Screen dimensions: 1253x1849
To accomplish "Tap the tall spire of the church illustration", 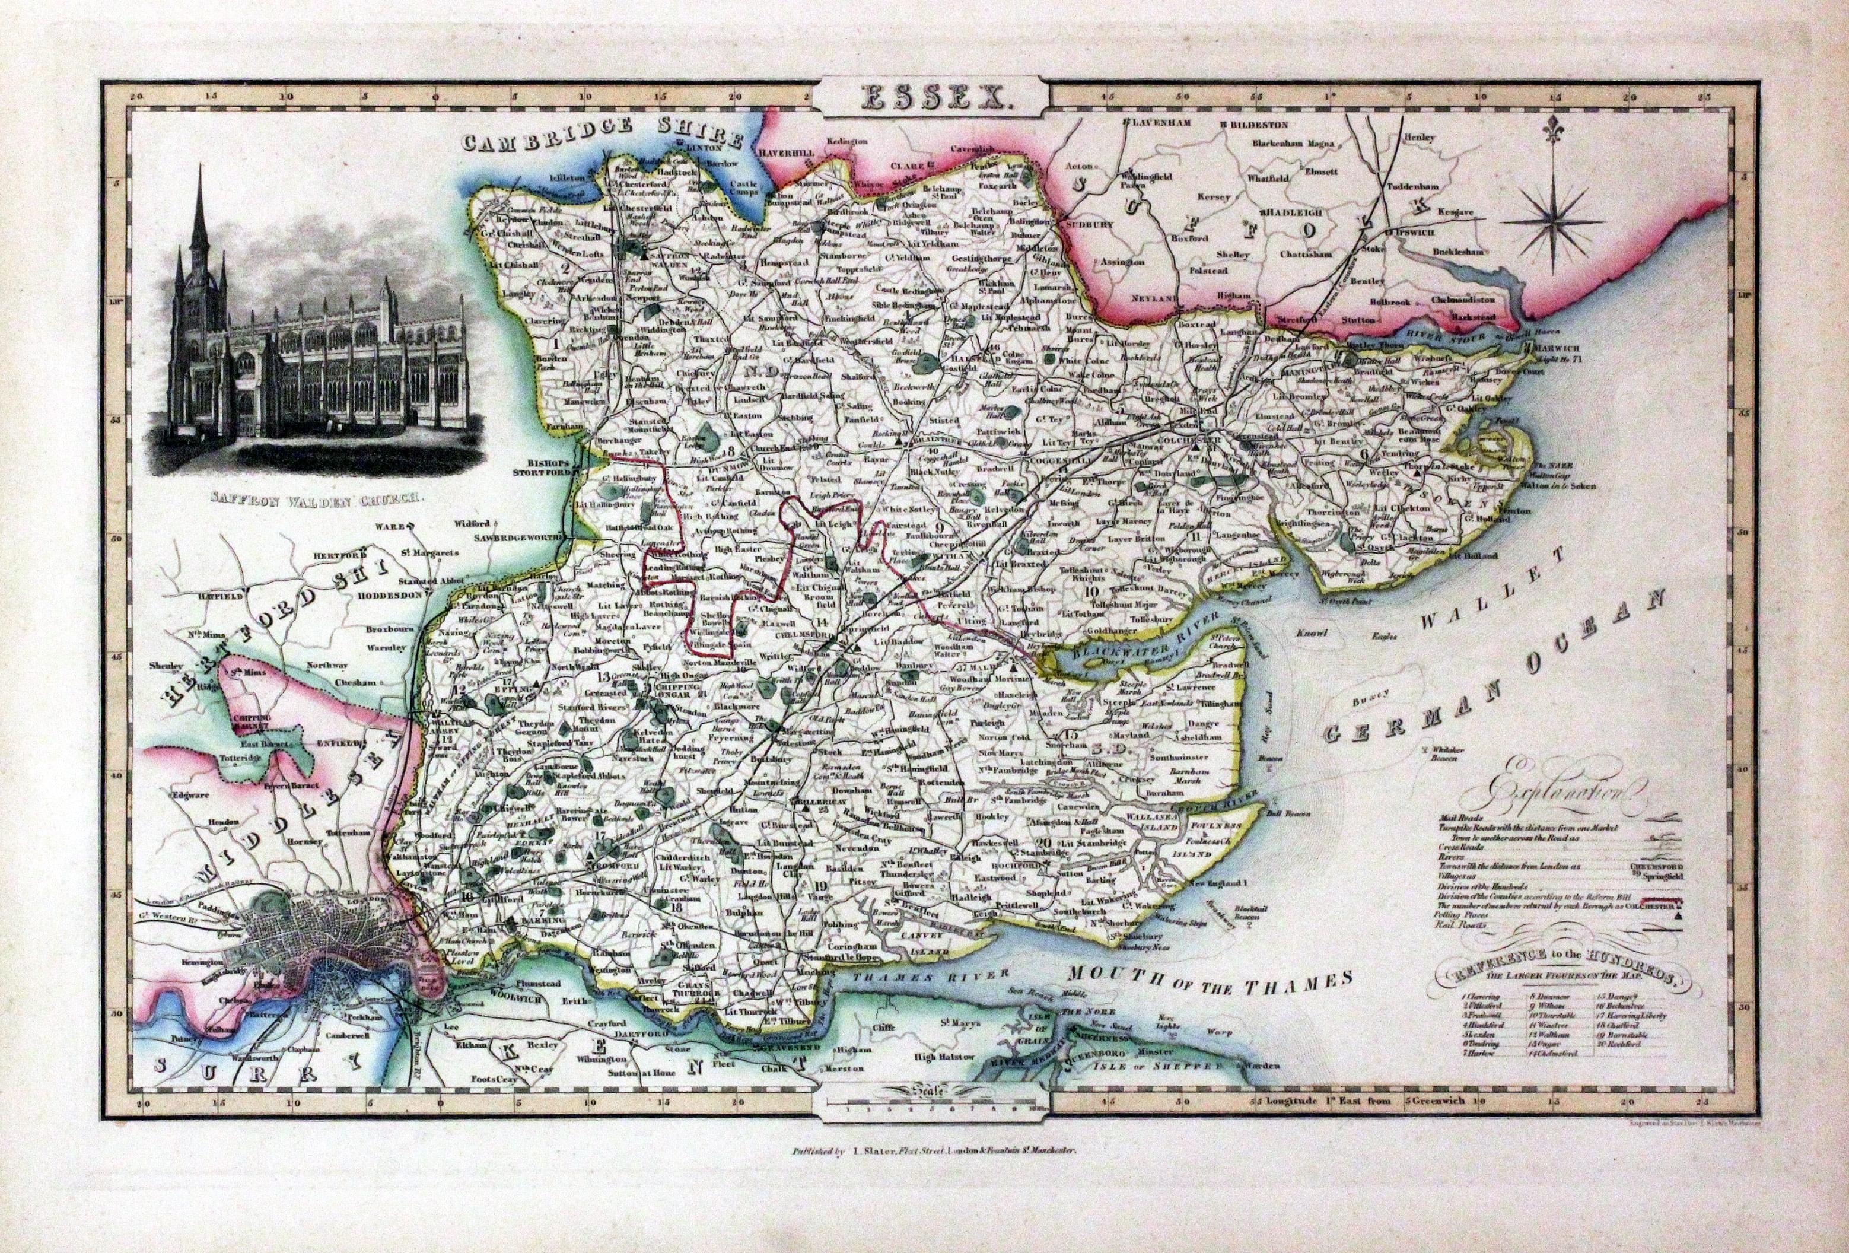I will [x=198, y=207].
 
